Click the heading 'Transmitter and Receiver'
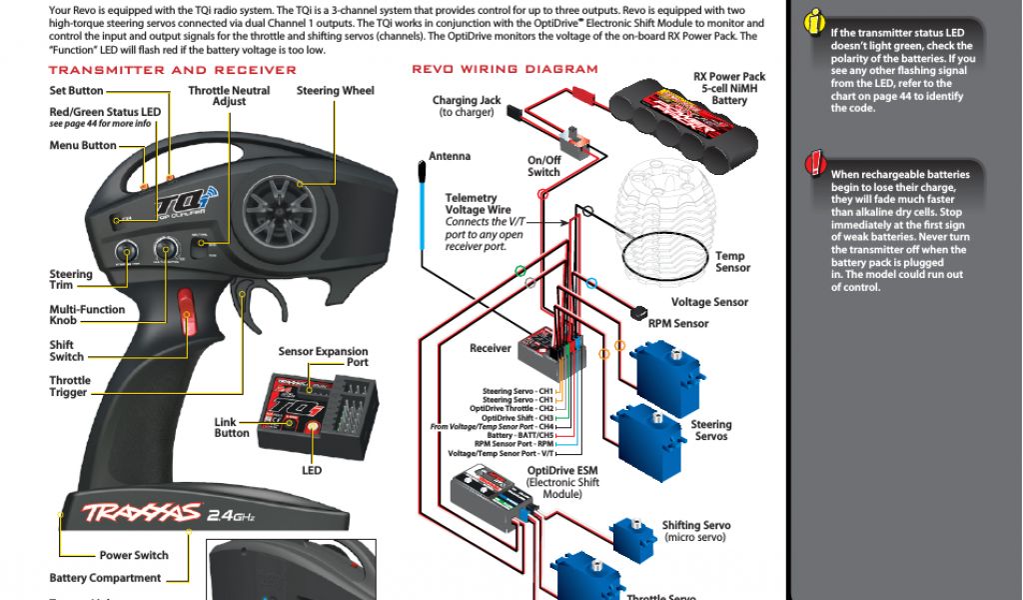pos(172,70)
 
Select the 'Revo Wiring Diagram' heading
pos(505,70)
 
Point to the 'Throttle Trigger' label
pos(70,387)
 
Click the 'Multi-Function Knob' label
pos(87,315)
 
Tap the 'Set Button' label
pos(76,91)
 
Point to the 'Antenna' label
pos(450,157)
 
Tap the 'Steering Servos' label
pos(711,431)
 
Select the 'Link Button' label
pos(232,428)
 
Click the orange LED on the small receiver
pos(313,428)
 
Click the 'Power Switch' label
pos(134,556)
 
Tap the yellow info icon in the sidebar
pos(816,23)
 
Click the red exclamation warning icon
pos(816,162)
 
